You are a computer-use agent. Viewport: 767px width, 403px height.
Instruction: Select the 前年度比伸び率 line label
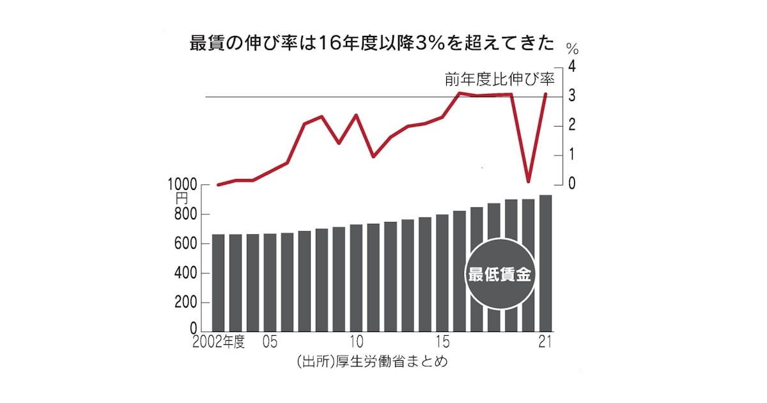500,79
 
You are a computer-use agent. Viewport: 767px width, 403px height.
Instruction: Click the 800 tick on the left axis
187,215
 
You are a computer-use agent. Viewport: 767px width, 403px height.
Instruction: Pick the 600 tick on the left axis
187,244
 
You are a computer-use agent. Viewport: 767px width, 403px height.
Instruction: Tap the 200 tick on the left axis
187,303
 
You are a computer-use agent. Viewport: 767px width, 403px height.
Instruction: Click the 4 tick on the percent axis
572,67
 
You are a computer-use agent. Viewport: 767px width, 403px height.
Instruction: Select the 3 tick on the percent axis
572,96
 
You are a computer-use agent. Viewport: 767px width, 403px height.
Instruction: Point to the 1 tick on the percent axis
572,155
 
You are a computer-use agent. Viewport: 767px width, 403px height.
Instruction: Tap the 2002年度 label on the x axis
219,343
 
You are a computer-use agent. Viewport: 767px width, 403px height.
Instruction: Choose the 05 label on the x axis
270,343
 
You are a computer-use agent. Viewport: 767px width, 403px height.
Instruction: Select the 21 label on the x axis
545,343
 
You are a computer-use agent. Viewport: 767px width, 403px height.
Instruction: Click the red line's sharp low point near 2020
529,181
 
